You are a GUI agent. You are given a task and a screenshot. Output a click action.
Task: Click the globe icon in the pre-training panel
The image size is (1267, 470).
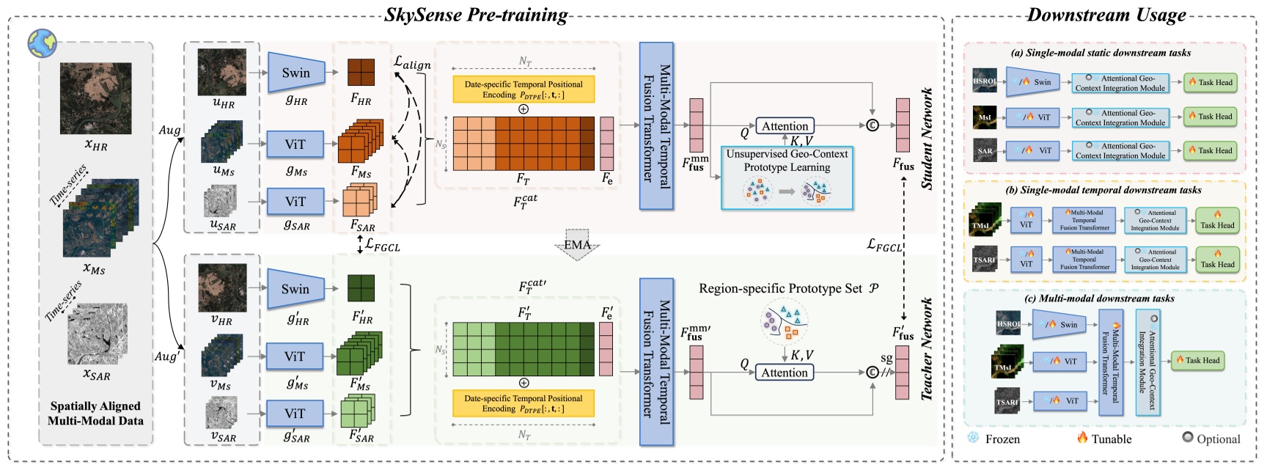pos(42,43)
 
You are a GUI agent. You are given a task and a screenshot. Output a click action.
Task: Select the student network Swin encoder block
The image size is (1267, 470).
pos(296,73)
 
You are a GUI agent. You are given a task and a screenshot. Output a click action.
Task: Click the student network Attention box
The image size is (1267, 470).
pos(785,126)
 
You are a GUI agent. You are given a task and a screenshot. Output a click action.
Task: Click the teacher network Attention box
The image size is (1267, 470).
pos(784,372)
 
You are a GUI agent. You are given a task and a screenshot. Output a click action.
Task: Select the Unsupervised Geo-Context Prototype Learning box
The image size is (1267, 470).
pos(787,177)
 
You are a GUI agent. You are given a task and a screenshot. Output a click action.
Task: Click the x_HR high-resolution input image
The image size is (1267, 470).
pos(95,98)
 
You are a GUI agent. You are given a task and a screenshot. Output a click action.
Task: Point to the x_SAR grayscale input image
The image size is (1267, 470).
pos(97,334)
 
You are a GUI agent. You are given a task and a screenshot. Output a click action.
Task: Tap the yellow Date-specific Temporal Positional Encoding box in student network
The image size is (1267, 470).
pos(524,89)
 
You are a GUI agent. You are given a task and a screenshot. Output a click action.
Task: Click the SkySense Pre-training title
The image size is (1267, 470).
pos(476,15)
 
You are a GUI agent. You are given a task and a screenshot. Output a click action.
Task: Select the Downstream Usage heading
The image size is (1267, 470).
pos(1106,15)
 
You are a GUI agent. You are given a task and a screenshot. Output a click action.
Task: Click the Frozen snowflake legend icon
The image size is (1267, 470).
pos(973,438)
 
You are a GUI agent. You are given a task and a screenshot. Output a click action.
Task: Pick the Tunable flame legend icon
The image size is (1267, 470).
pos(1082,438)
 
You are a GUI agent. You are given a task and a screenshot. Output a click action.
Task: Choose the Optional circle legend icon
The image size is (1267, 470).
pos(1187,438)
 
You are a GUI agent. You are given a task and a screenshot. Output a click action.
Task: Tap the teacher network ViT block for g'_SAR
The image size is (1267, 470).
pos(295,414)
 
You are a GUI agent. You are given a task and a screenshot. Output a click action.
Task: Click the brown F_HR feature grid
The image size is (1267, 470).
pos(361,73)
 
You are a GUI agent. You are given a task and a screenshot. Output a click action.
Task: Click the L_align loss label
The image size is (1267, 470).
pos(412,63)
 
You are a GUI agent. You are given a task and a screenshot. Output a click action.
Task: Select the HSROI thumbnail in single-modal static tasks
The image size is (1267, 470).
pos(985,81)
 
